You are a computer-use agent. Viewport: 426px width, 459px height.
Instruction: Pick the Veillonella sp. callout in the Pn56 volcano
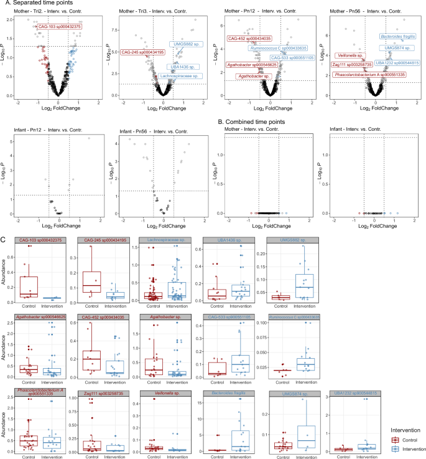(349, 55)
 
